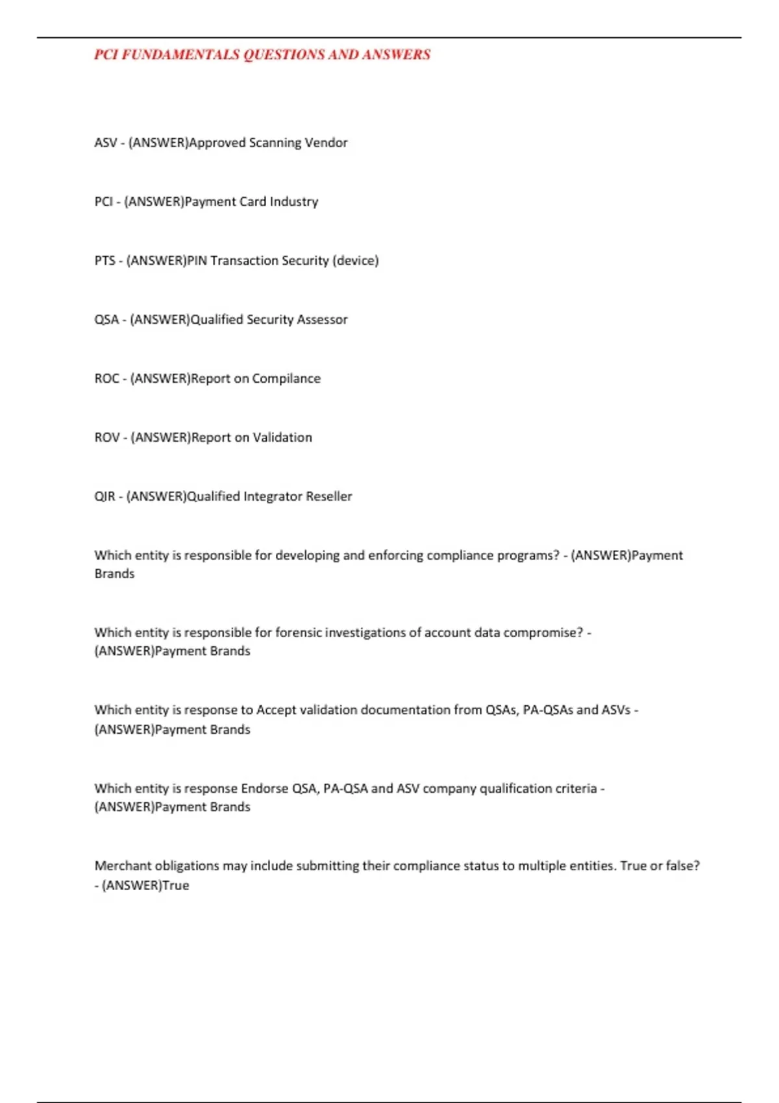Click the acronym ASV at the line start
[x=105, y=143]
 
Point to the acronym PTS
[x=105, y=261]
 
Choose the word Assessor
[x=322, y=320]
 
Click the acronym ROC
[x=106, y=379]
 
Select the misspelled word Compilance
[x=286, y=379]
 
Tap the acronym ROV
[x=106, y=438]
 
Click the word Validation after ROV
[x=282, y=438]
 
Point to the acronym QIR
[x=105, y=497]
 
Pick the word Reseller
[x=328, y=497]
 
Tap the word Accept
[x=275, y=710]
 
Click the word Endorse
[x=264, y=789]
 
